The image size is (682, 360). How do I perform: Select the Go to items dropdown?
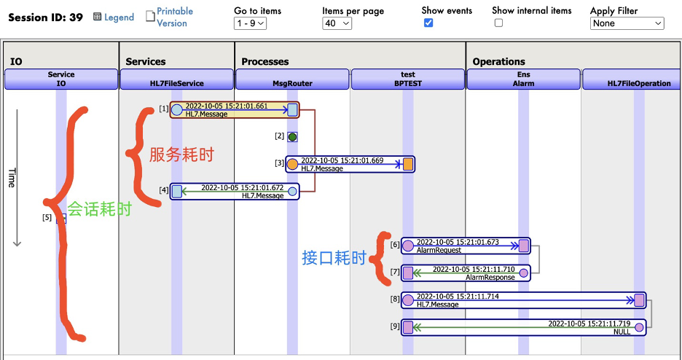coord(251,23)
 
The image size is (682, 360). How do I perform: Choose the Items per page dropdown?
coord(337,23)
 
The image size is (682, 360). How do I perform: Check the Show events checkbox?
coord(428,23)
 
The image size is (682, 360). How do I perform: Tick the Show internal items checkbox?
coord(498,23)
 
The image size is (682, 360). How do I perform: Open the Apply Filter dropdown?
coord(627,23)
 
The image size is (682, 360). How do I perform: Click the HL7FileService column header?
coord(176,79)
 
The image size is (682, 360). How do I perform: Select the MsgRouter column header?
coord(292,79)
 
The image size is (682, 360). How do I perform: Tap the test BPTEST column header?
coord(408,79)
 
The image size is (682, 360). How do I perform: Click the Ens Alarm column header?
coord(523,79)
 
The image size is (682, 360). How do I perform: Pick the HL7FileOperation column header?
coord(638,79)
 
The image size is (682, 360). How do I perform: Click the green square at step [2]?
coord(292,136)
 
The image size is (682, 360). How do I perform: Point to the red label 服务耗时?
coord(181,154)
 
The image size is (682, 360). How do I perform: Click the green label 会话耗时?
coord(99,210)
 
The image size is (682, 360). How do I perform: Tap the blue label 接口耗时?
coord(334,258)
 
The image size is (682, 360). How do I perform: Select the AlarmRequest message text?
coord(439,250)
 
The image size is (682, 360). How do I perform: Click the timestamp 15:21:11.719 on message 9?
coord(589,323)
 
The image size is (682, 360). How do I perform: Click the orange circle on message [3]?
coord(292,164)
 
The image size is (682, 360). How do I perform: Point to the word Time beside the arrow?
coord(12,178)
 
